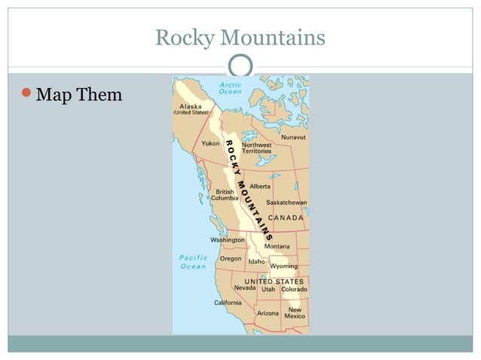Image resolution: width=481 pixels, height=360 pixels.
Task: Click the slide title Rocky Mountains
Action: point(240,37)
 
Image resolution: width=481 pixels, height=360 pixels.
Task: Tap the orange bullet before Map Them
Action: point(26,93)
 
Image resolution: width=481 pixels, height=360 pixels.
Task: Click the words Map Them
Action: point(78,95)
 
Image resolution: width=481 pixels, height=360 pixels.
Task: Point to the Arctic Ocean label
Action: point(230,89)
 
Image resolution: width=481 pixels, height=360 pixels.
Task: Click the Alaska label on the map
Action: point(191,106)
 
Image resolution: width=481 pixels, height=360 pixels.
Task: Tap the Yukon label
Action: point(210,143)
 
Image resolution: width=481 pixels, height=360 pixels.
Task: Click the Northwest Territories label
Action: point(256,148)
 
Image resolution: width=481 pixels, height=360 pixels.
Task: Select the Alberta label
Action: point(260,186)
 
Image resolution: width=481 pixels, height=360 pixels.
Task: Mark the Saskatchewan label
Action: point(286,203)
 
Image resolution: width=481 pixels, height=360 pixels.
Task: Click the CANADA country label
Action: point(286,218)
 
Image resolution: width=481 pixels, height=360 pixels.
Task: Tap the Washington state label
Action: point(227,240)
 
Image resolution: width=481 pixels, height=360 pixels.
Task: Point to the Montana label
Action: point(277,246)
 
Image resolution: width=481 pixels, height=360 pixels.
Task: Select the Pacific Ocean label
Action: point(194,261)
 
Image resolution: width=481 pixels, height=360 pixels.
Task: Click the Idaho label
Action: point(256,261)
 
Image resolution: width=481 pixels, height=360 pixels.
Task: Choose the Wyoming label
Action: point(283,266)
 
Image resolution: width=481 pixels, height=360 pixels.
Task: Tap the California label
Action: point(228,303)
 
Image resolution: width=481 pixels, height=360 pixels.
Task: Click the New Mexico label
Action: point(295,313)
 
